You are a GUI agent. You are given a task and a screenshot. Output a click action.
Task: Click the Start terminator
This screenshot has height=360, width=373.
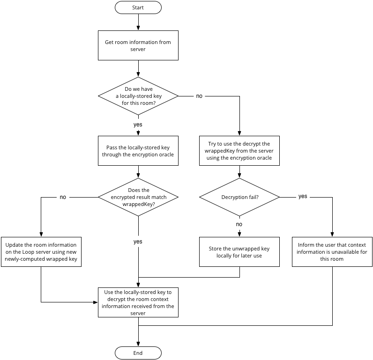coord(138,7)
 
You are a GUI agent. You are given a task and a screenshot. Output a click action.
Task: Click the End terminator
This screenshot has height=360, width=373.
coord(138,353)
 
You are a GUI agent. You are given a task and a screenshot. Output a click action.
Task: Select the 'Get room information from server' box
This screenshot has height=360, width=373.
coord(138,45)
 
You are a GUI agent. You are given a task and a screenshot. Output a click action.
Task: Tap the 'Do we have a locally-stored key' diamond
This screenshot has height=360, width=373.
coord(138,96)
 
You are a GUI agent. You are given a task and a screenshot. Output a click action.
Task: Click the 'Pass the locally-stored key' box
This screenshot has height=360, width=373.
coord(138,151)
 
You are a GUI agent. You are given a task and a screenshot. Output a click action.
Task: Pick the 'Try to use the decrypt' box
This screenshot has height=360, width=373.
coord(239,151)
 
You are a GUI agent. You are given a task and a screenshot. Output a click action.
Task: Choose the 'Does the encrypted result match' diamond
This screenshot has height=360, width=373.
coord(138,197)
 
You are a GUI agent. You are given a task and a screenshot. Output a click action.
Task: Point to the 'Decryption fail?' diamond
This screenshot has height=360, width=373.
coord(239,197)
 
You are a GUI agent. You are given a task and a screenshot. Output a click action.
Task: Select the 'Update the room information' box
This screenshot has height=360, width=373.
coord(41,252)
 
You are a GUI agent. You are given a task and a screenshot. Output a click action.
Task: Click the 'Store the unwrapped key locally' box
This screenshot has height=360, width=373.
coord(239,252)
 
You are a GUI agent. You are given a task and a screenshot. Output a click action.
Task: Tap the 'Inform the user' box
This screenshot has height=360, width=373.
coord(332,252)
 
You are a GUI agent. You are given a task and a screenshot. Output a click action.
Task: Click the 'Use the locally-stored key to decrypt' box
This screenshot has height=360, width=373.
coord(138,302)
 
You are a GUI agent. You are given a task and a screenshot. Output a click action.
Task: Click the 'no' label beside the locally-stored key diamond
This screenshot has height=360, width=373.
coord(199,96)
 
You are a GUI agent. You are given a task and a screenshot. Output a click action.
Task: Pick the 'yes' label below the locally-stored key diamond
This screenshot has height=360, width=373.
coord(138,125)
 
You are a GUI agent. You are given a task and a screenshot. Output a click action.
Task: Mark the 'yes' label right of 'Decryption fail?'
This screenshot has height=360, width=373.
coord(303,196)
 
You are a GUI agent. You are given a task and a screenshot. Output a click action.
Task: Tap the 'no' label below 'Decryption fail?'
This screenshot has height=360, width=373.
coord(239,224)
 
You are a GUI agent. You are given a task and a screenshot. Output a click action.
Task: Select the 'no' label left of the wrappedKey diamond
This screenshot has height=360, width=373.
coord(63,197)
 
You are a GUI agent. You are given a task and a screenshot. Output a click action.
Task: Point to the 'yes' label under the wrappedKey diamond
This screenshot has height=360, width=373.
coord(138,242)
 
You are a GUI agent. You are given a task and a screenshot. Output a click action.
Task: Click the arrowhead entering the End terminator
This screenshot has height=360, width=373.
coord(138,344)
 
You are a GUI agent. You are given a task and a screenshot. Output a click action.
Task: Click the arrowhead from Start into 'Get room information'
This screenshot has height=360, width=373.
coord(138,28)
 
